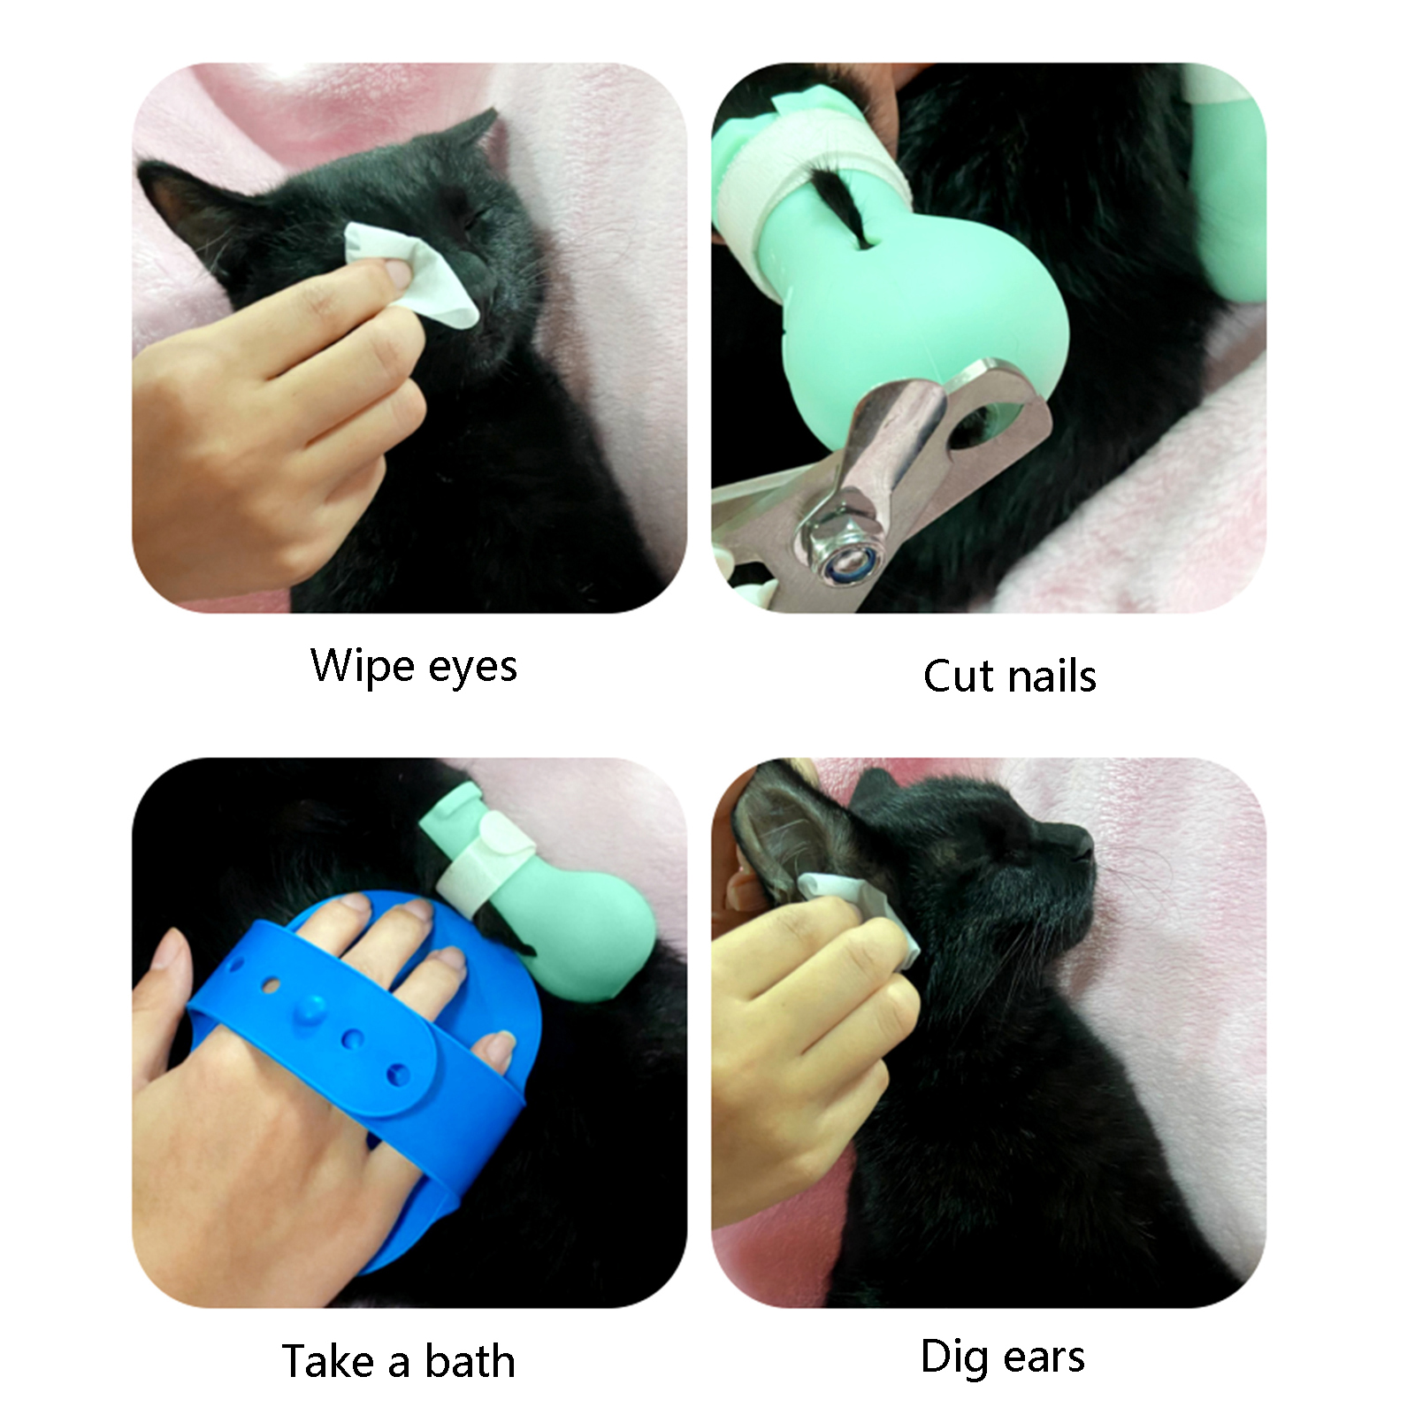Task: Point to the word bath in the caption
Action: (470, 1361)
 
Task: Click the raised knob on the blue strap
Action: (310, 1009)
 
